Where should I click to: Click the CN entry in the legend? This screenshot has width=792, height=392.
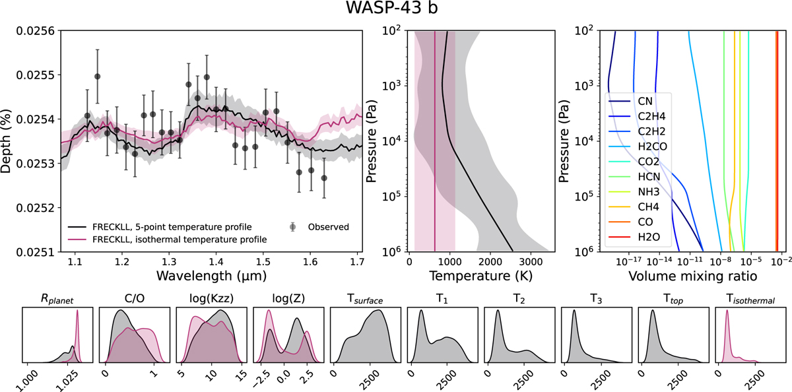647,102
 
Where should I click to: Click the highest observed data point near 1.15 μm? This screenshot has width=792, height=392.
97,76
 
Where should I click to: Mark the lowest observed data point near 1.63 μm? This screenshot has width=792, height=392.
324,178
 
